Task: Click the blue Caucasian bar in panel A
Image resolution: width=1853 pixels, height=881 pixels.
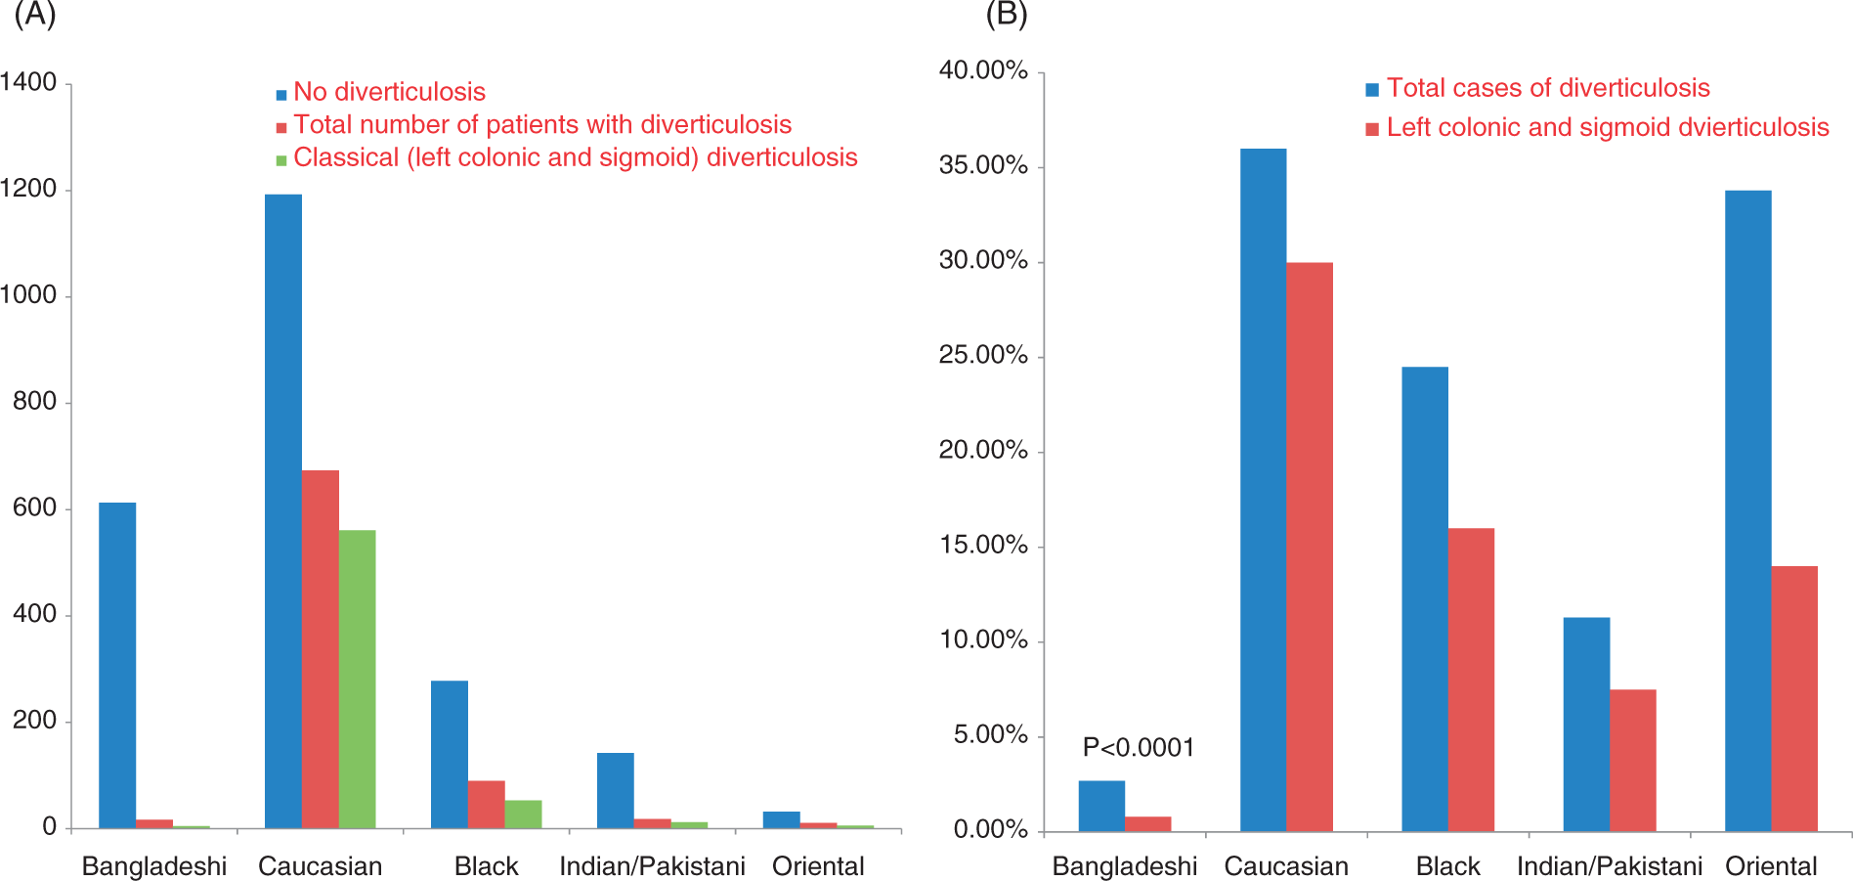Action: [283, 511]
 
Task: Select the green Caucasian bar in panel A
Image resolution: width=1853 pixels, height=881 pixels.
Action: [357, 680]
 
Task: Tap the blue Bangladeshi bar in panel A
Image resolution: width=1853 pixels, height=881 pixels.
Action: [117, 666]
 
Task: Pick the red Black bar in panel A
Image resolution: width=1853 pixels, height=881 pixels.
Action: [486, 805]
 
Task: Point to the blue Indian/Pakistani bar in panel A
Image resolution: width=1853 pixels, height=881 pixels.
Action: [616, 791]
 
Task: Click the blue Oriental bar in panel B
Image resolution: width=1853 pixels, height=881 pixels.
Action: [1748, 511]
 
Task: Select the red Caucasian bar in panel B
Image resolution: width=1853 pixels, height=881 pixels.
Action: [1310, 548]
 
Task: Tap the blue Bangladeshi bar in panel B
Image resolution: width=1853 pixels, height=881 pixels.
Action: [1101, 807]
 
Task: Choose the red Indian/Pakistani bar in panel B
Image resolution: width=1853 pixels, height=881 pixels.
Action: [1633, 761]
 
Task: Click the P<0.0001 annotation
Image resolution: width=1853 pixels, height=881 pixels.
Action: [1139, 748]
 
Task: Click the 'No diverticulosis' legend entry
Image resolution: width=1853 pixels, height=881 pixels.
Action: [381, 92]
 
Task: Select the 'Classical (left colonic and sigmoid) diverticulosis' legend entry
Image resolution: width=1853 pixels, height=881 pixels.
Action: [567, 157]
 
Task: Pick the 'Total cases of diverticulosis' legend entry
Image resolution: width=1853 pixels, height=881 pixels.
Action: [1538, 88]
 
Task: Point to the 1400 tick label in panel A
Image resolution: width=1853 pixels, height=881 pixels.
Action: [28, 82]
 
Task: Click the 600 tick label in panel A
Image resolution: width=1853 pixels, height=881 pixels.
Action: [35, 507]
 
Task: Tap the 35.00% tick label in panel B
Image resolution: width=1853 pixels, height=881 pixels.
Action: [983, 165]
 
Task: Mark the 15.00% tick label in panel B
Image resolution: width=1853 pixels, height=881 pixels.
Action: [983, 545]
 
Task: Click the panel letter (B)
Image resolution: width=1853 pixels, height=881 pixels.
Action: [1006, 15]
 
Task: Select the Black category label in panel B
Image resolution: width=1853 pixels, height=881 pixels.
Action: [1448, 866]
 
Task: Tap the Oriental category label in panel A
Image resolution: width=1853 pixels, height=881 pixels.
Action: [819, 866]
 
